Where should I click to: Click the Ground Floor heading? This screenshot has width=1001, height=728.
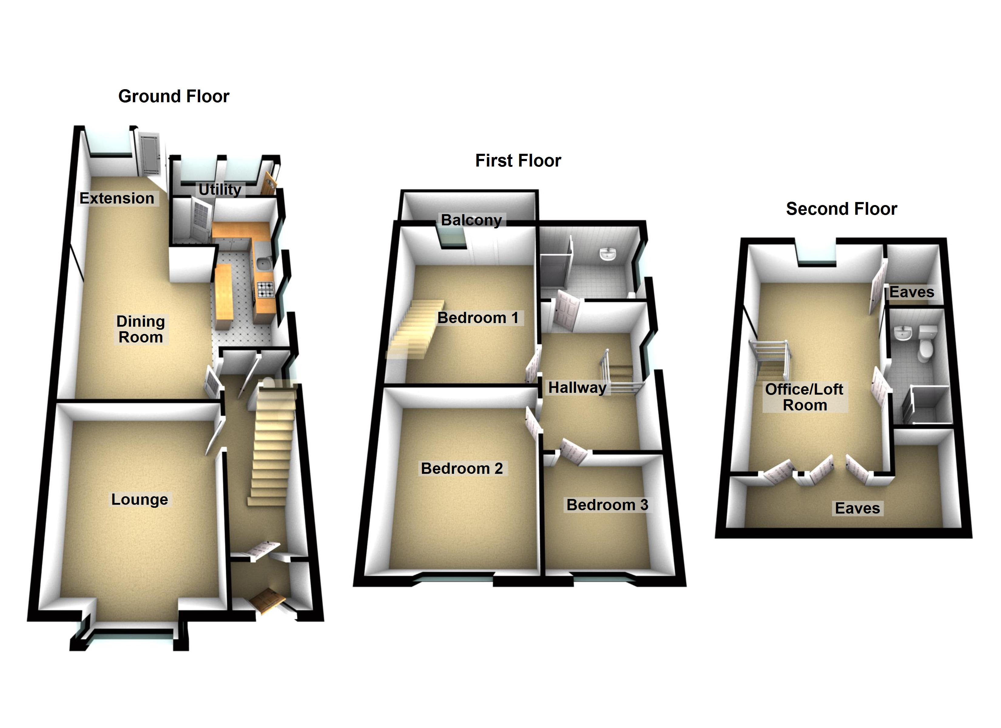point(174,96)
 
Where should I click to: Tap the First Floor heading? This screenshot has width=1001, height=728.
point(518,161)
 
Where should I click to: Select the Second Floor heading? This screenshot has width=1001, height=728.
point(841,209)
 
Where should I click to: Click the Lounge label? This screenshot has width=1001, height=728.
point(140,499)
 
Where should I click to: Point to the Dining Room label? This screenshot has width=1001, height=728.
point(140,329)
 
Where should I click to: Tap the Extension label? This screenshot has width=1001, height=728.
point(117,198)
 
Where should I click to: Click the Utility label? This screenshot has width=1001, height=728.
point(220,189)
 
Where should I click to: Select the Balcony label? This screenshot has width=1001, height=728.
point(471,220)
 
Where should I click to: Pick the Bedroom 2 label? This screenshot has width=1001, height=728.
point(462,468)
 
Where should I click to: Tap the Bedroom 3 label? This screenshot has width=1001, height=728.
point(607,505)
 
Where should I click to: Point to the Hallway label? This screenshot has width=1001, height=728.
point(577,388)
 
